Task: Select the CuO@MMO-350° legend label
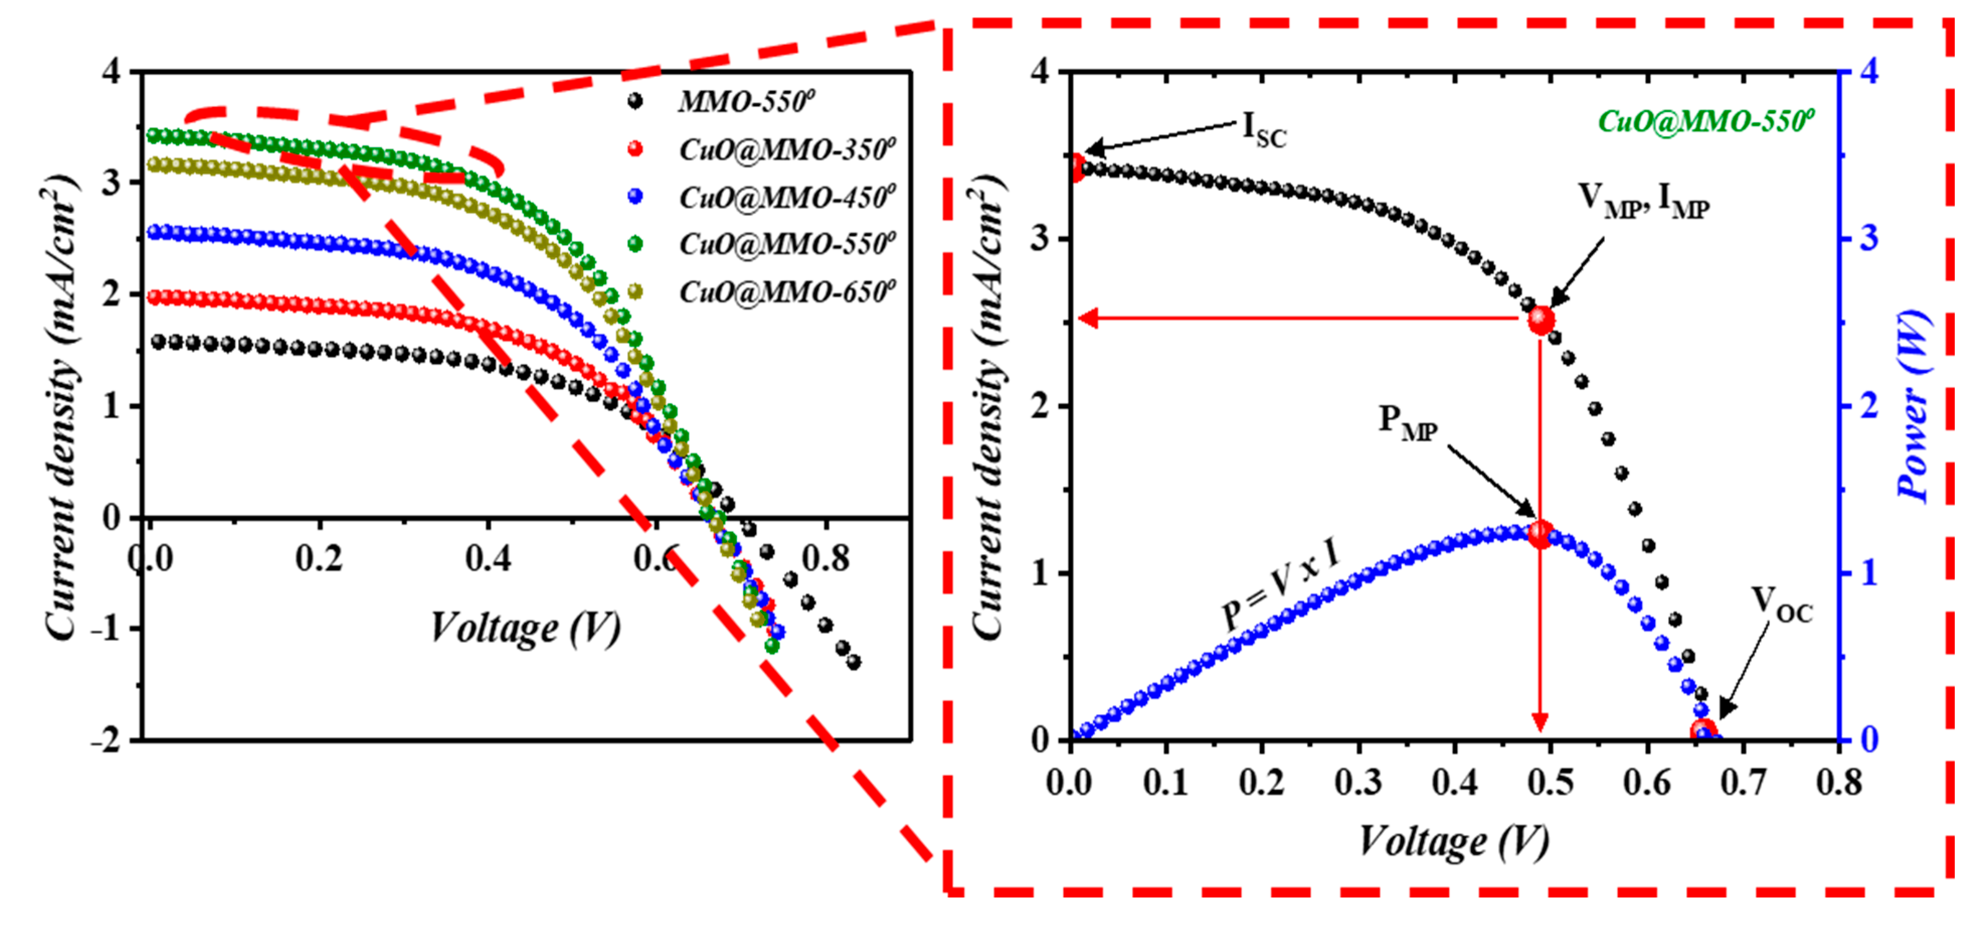[x=786, y=149]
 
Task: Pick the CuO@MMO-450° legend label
[x=786, y=197]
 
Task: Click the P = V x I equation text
[x=1281, y=585]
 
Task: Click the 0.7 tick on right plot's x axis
[x=1743, y=783]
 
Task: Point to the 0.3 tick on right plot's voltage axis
[x=1358, y=783]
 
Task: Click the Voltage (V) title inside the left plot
[x=525, y=627]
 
